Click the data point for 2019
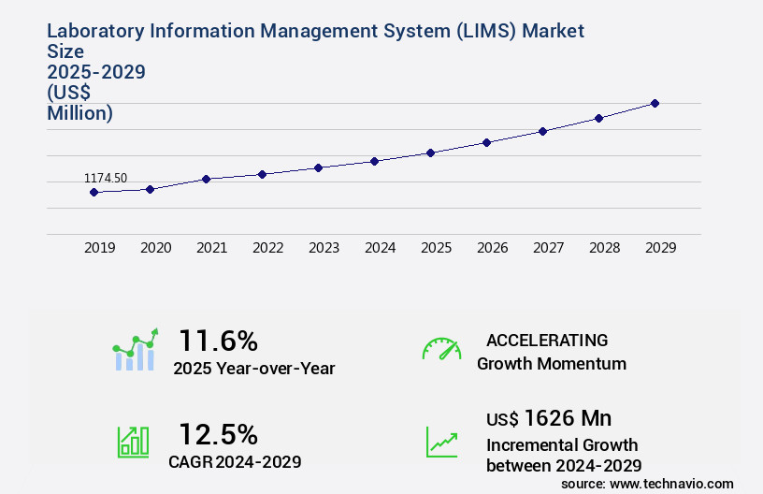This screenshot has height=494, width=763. coord(94,192)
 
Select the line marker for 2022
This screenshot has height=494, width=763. coord(262,174)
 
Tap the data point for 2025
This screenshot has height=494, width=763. coord(430,153)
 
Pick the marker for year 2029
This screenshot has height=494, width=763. coord(655,103)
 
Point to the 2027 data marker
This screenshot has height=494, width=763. coord(542,131)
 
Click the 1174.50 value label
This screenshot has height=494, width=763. coord(106,178)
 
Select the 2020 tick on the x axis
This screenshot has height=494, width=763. coord(155,248)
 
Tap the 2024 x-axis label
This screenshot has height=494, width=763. coord(380,248)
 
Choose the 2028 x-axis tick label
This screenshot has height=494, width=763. coord(604,248)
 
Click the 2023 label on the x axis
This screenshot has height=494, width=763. coord(324,248)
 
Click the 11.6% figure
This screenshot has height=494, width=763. coord(218,341)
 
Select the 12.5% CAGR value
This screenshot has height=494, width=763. coord(218,434)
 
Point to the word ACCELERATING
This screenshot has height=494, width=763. coord(547,341)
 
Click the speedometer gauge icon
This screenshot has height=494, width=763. coord(441,349)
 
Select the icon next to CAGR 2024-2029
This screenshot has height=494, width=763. coord(132,442)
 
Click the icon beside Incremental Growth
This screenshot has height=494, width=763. coord(441,442)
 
